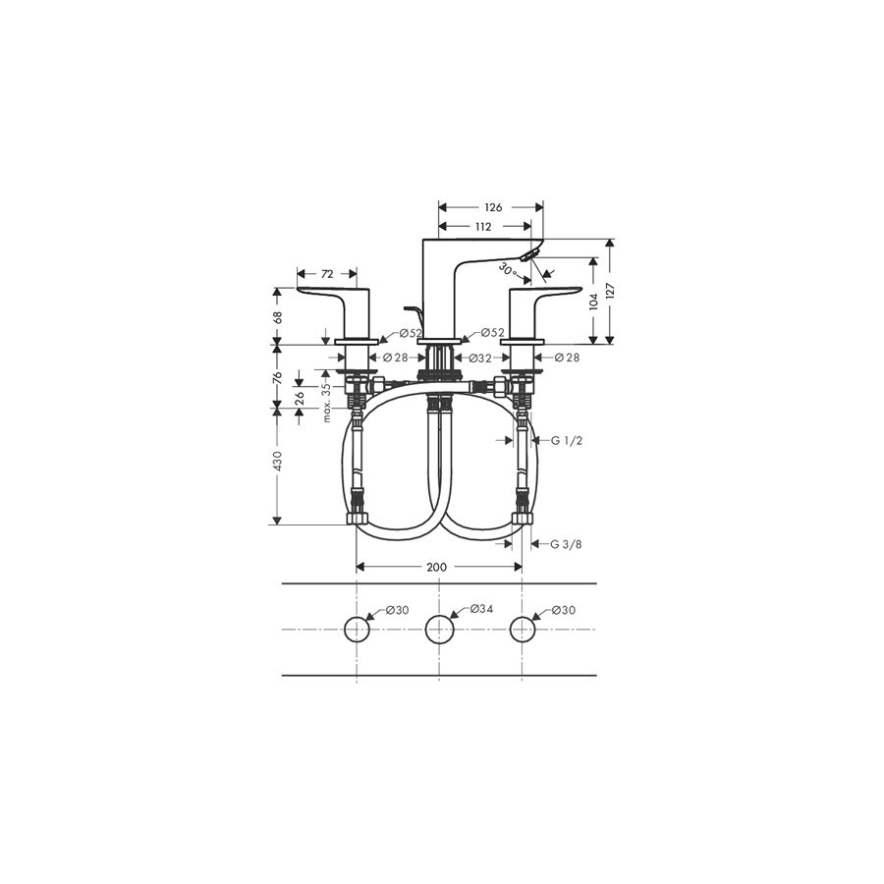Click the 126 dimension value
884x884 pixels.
(493, 207)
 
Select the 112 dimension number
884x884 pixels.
(482, 227)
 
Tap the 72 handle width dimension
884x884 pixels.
(327, 274)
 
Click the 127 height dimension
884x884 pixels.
(610, 291)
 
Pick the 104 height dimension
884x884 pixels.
(593, 302)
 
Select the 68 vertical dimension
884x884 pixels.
(277, 317)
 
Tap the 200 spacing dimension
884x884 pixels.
(436, 567)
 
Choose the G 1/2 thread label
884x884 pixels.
(566, 441)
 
